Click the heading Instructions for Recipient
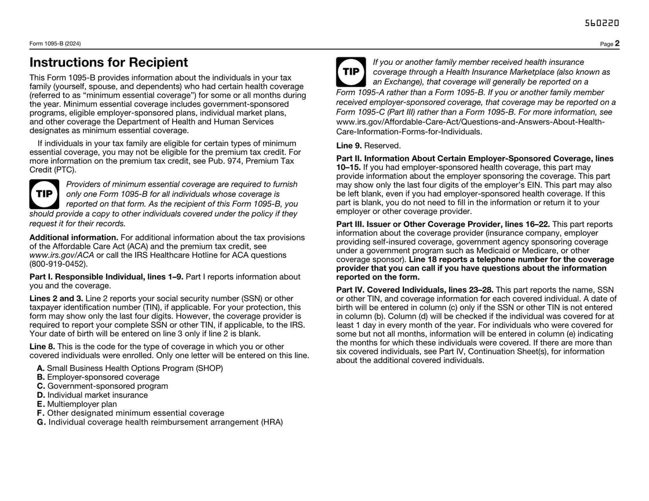point(109,63)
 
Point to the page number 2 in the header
point(618,43)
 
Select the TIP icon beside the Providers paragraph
point(44,194)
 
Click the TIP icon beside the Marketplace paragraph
point(351,72)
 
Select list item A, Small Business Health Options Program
point(130,368)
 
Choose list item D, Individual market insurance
point(92,395)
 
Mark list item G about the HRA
point(160,422)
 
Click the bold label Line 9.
point(349,146)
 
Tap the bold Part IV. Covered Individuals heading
point(415,290)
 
